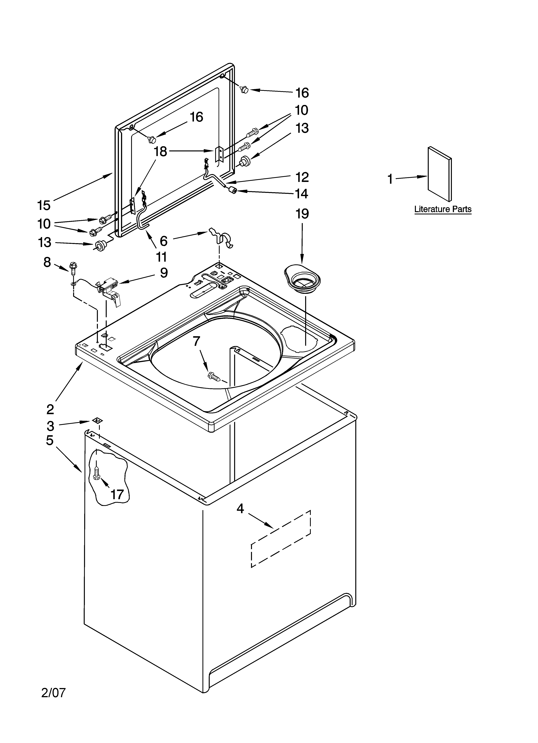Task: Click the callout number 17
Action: (117, 494)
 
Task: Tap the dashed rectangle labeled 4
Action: (281, 538)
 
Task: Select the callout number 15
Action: (44, 205)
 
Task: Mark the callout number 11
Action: (161, 257)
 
